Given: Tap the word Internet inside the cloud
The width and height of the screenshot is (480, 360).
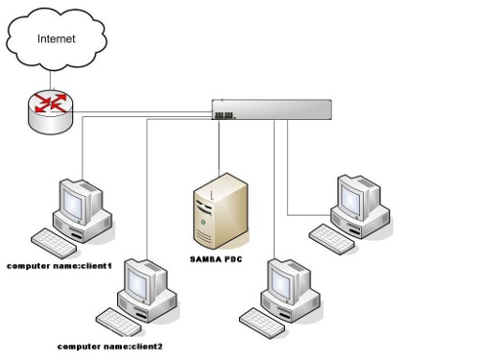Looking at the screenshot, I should pos(55,39).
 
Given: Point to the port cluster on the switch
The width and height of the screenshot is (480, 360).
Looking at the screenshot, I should pos(225,115).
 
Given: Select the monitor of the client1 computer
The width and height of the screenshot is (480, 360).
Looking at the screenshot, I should pos(78,200).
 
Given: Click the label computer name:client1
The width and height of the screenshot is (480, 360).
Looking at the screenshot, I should pos(60,263).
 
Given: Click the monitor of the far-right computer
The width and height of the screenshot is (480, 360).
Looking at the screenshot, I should pos(358,198).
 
